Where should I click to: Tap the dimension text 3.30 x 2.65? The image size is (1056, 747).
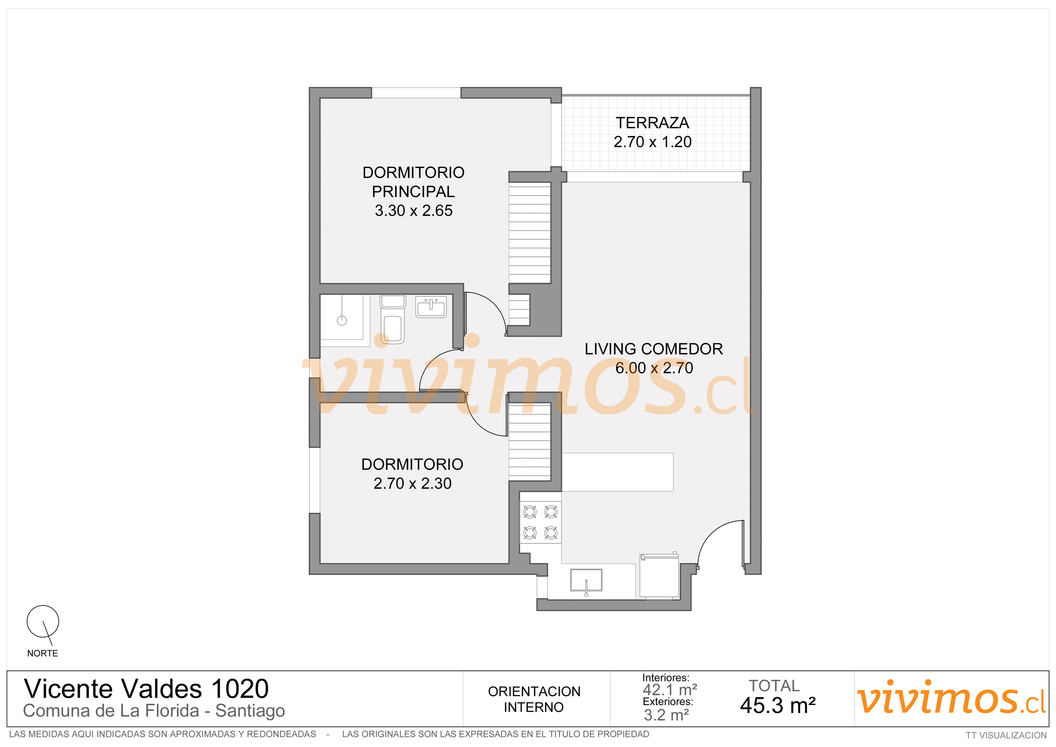pyautogui.click(x=413, y=211)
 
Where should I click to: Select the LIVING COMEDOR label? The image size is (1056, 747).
pyautogui.click(x=653, y=349)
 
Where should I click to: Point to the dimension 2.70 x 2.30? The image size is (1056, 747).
pyautogui.click(x=413, y=483)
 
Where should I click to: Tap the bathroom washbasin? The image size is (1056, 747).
pyautogui.click(x=431, y=307)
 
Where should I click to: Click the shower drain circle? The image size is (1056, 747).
pyautogui.click(x=342, y=321)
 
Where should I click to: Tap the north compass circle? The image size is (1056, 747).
pyautogui.click(x=43, y=621)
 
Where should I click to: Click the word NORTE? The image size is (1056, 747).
pyautogui.click(x=42, y=653)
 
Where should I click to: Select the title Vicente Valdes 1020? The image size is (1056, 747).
pyautogui.click(x=146, y=689)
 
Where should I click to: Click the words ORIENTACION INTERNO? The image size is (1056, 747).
pyautogui.click(x=534, y=699)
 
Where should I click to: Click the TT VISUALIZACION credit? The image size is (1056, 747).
pyautogui.click(x=1006, y=735)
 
